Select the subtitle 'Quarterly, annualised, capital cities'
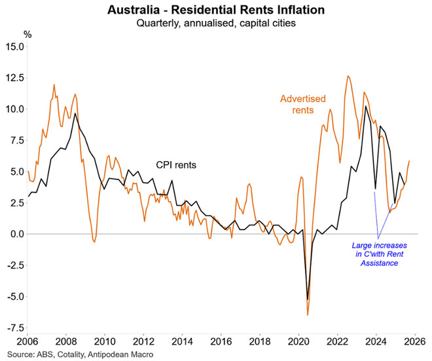point(215,24)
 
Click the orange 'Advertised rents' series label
point(302,104)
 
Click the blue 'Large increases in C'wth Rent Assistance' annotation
point(378,254)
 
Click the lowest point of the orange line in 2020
point(308,316)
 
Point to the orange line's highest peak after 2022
point(347,76)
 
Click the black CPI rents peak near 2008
point(75,113)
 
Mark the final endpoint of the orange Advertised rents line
point(410,161)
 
